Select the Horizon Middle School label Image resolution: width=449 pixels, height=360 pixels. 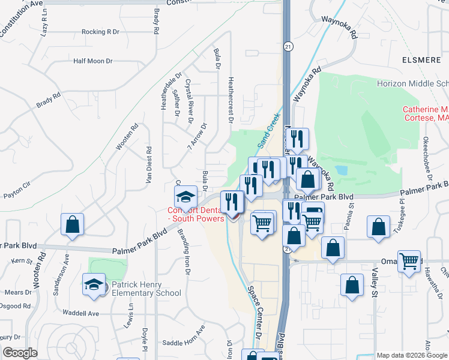(412, 84)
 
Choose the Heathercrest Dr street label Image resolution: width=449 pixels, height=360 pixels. (230, 99)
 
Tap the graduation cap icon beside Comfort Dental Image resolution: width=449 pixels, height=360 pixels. (186, 196)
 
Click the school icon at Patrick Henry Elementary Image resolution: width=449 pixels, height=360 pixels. (94, 284)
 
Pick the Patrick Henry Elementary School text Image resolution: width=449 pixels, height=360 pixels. (145, 288)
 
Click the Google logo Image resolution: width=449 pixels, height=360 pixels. (20, 353)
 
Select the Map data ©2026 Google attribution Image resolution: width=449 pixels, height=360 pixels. (412, 355)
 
